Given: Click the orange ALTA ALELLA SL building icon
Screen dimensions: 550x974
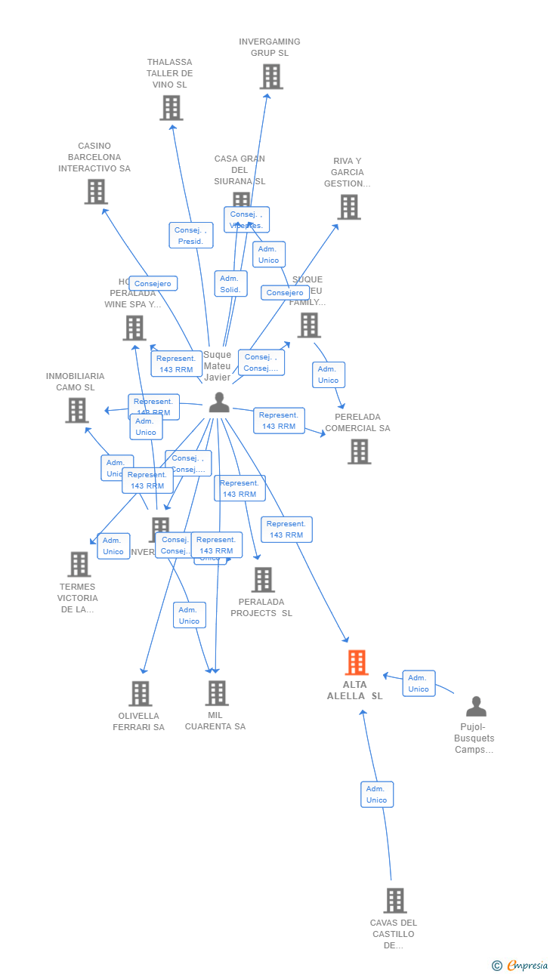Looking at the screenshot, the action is coord(357,662).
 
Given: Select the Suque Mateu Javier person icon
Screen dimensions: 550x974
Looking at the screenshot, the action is coord(219,402).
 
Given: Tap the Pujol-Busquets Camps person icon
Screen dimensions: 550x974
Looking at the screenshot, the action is coord(476,707).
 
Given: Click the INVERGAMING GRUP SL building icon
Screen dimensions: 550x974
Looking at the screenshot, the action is coord(271,76).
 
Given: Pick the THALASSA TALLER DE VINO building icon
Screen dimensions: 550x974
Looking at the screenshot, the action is coord(171,108).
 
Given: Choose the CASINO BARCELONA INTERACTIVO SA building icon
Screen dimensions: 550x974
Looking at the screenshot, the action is coord(96,192).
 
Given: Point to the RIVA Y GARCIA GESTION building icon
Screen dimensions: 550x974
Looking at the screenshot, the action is coord(349,207).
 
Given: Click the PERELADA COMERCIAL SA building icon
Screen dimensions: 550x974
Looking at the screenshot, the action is coord(360,452).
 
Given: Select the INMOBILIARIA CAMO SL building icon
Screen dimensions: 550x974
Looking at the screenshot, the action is coord(77,410).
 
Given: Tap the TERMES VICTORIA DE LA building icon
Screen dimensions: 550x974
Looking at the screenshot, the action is coord(79,564).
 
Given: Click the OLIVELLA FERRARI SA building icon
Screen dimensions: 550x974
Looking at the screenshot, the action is coord(141,693).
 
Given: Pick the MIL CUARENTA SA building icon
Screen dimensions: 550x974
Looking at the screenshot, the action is coord(217,692).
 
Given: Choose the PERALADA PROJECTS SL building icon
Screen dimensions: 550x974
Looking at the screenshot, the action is coord(263,580).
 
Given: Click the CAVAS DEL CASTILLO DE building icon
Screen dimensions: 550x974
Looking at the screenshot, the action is coord(395,900).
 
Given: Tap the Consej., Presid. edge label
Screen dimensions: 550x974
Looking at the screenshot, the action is coord(190,236).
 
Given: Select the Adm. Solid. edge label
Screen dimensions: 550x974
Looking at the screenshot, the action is coord(230,284).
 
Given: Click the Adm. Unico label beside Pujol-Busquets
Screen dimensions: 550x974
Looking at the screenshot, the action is coord(419,683).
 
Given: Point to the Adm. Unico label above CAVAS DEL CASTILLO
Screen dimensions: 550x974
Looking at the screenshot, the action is coord(376,794).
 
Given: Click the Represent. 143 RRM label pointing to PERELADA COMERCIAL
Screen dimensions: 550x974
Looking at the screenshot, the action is coord(279,421).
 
